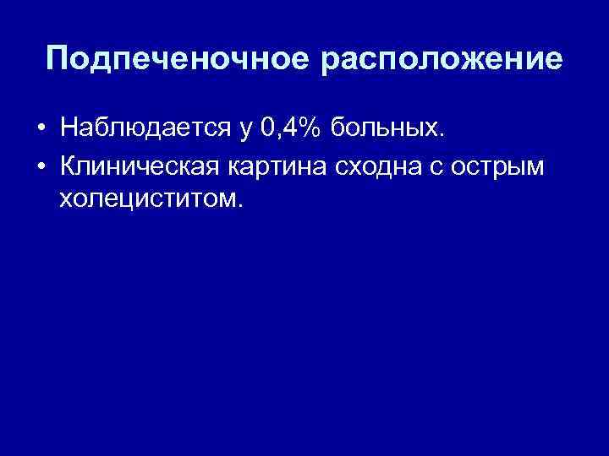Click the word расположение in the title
pyautogui.click(x=439, y=60)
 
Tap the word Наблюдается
pyautogui.click(x=140, y=128)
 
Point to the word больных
pyautogui.click(x=383, y=128)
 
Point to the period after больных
pyautogui.click(x=439, y=135)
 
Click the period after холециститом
pyautogui.click(x=240, y=206)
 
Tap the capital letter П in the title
pyautogui.click(x=58, y=58)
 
